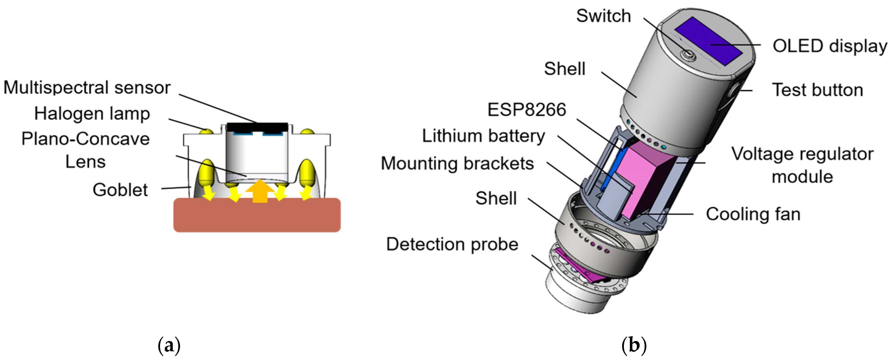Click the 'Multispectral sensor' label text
(x=87, y=87)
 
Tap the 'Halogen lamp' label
(x=92, y=114)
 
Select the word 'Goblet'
(x=120, y=190)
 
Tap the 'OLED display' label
(x=830, y=46)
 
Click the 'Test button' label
(x=817, y=90)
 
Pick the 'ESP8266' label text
(x=526, y=110)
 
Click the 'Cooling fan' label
(x=753, y=214)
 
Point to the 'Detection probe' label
(x=452, y=244)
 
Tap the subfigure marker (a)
(x=169, y=346)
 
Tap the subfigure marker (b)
(x=634, y=346)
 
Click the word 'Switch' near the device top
(x=603, y=16)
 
